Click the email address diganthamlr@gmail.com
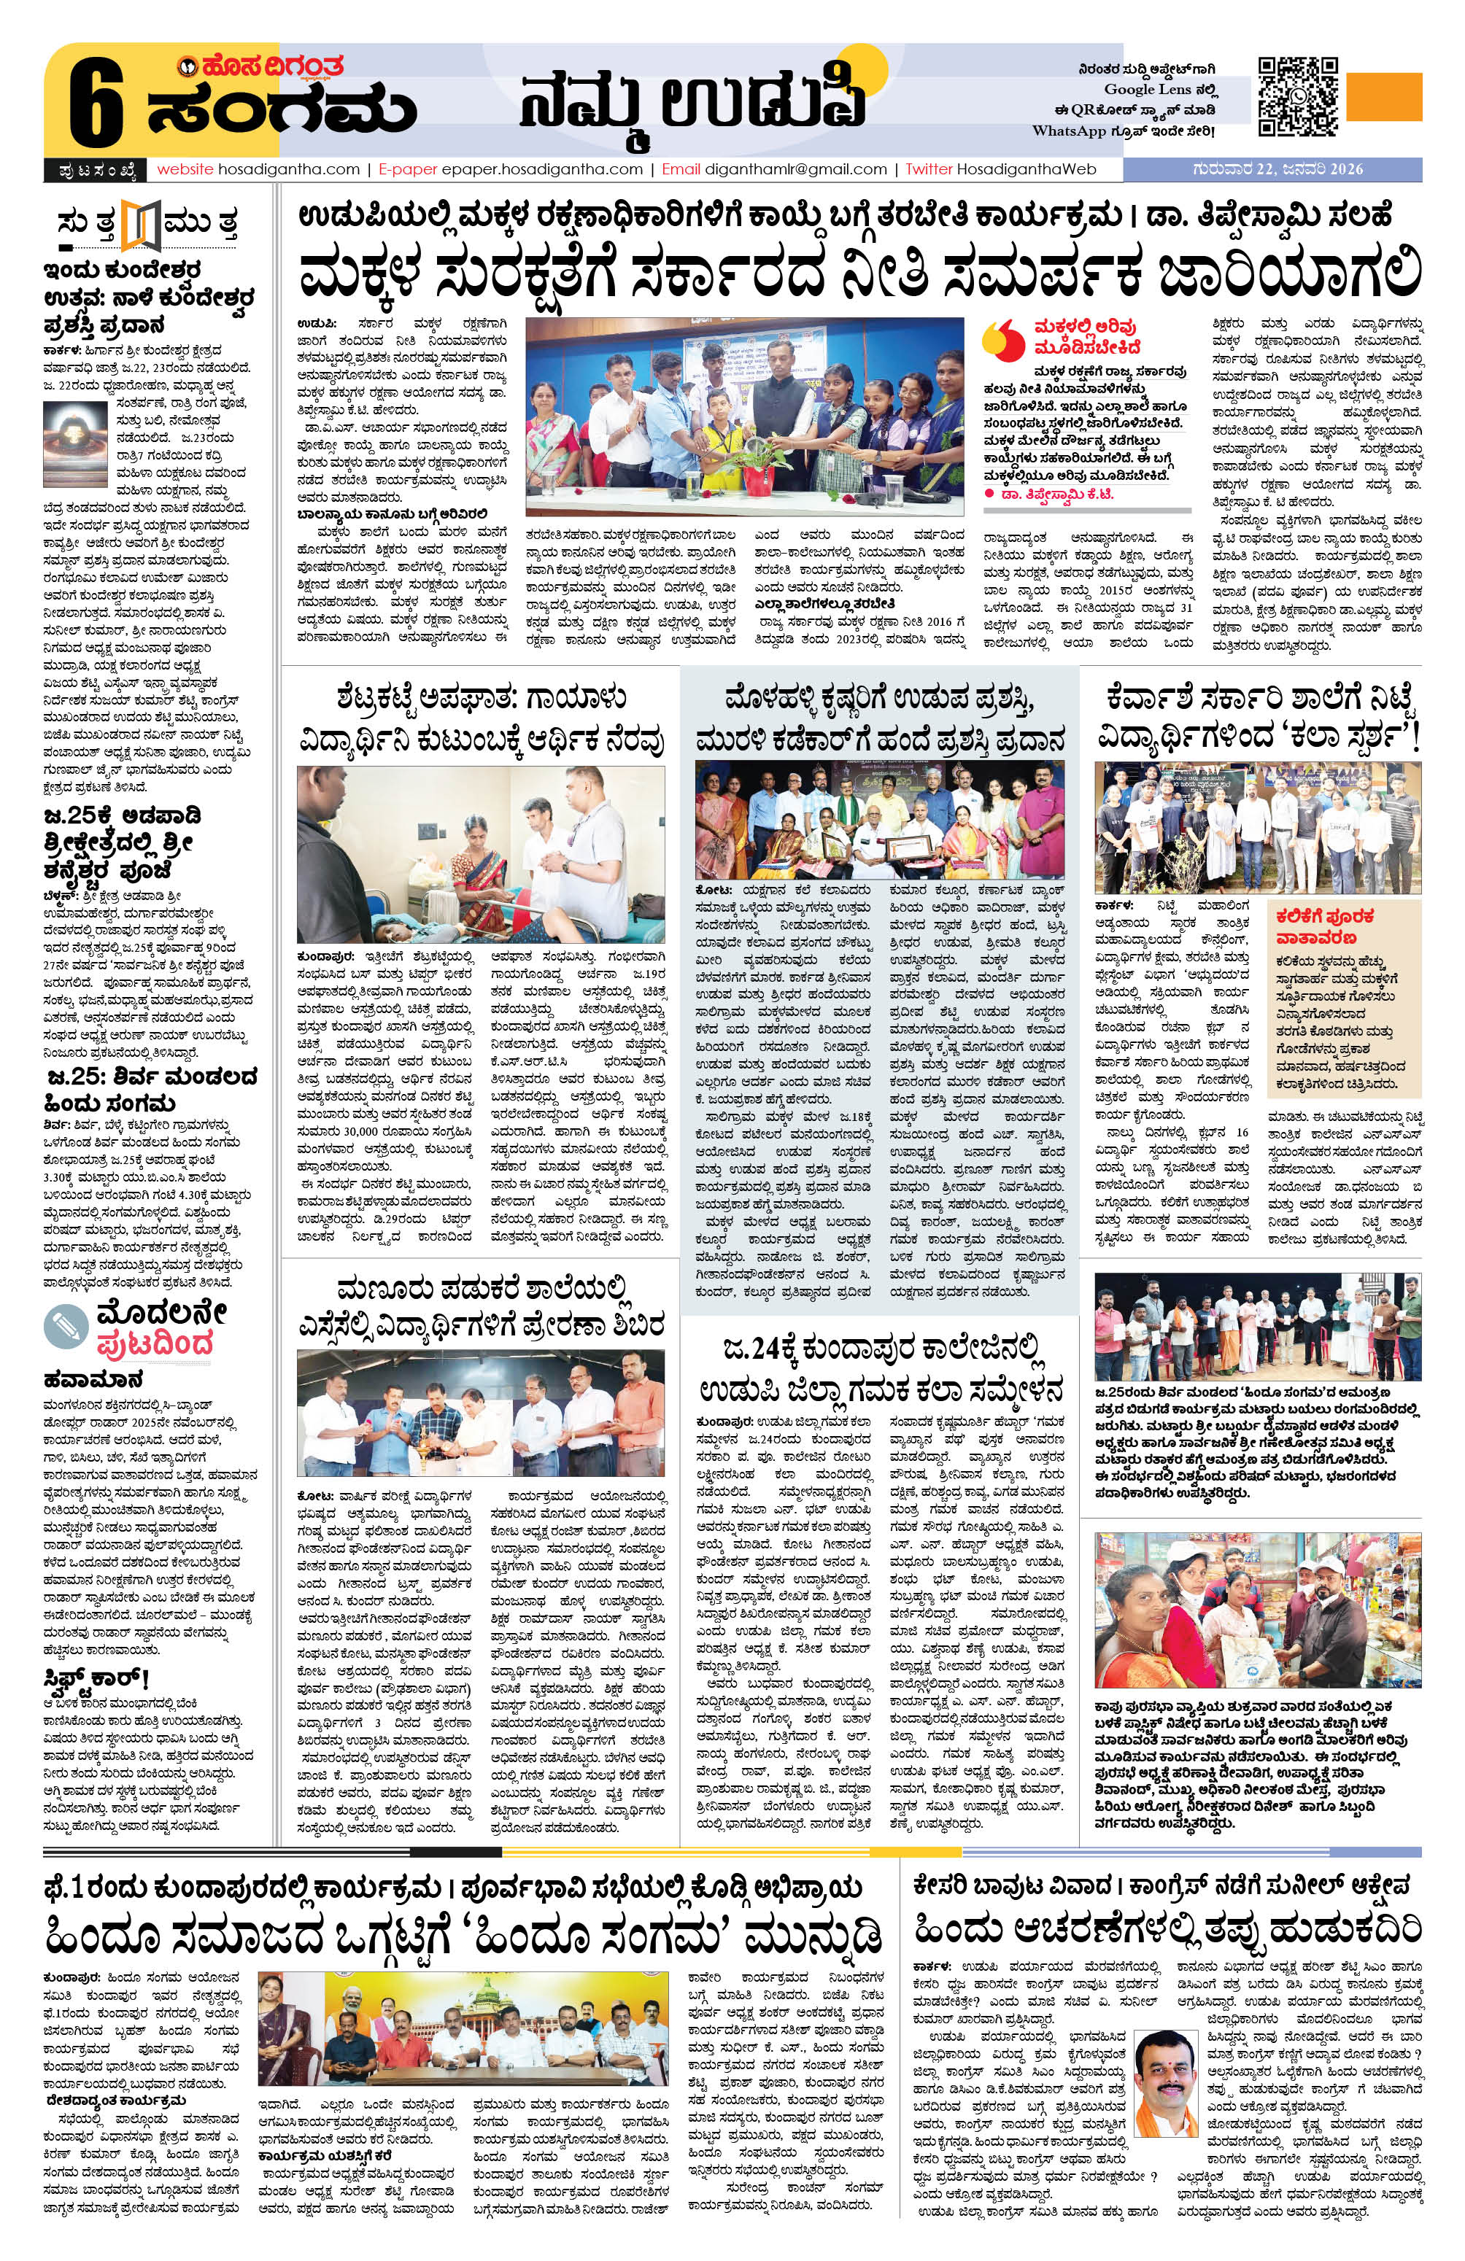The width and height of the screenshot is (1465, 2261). point(795,169)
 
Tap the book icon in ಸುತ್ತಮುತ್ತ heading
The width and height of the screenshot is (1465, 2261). point(144,225)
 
